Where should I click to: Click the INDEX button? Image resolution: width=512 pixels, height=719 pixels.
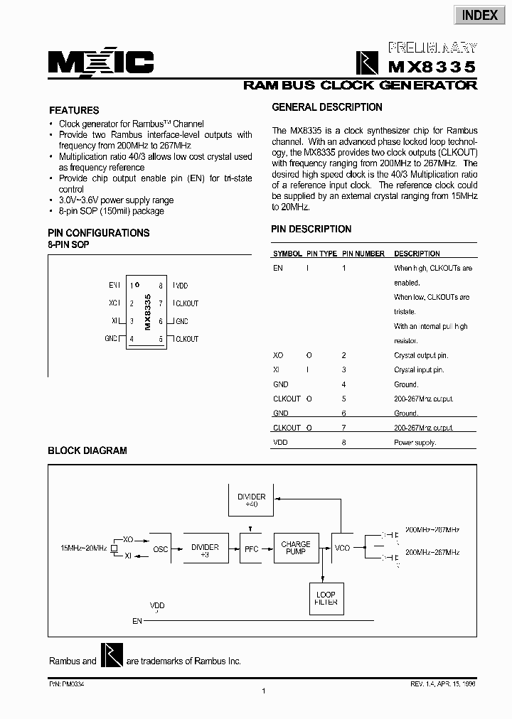[x=480, y=16]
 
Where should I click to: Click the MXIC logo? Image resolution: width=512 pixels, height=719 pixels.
[x=101, y=63]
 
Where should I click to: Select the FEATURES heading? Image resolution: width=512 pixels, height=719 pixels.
[x=73, y=110]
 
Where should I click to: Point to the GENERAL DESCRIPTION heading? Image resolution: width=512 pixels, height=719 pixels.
[x=327, y=107]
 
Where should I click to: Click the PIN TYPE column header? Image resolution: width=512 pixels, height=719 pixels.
[x=321, y=254]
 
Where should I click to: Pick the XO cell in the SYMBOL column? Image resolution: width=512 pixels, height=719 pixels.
[x=278, y=355]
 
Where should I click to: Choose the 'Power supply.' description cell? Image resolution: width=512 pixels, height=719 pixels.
[x=415, y=442]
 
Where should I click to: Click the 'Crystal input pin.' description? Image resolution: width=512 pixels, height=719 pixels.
[x=419, y=369]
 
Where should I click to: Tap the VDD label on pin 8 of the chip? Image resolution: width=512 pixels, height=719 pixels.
[x=181, y=285]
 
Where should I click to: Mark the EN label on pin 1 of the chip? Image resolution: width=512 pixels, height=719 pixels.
[x=114, y=285]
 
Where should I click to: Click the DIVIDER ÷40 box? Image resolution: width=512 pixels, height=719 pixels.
[x=252, y=500]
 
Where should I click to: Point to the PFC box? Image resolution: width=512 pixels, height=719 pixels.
[x=250, y=548]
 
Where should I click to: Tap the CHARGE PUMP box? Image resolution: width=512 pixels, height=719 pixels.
[x=296, y=548]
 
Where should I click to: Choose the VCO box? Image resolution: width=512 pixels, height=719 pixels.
[x=343, y=548]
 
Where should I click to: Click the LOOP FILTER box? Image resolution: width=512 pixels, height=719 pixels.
[x=325, y=599]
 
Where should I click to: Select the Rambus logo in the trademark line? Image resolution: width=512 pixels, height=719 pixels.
[x=111, y=656]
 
